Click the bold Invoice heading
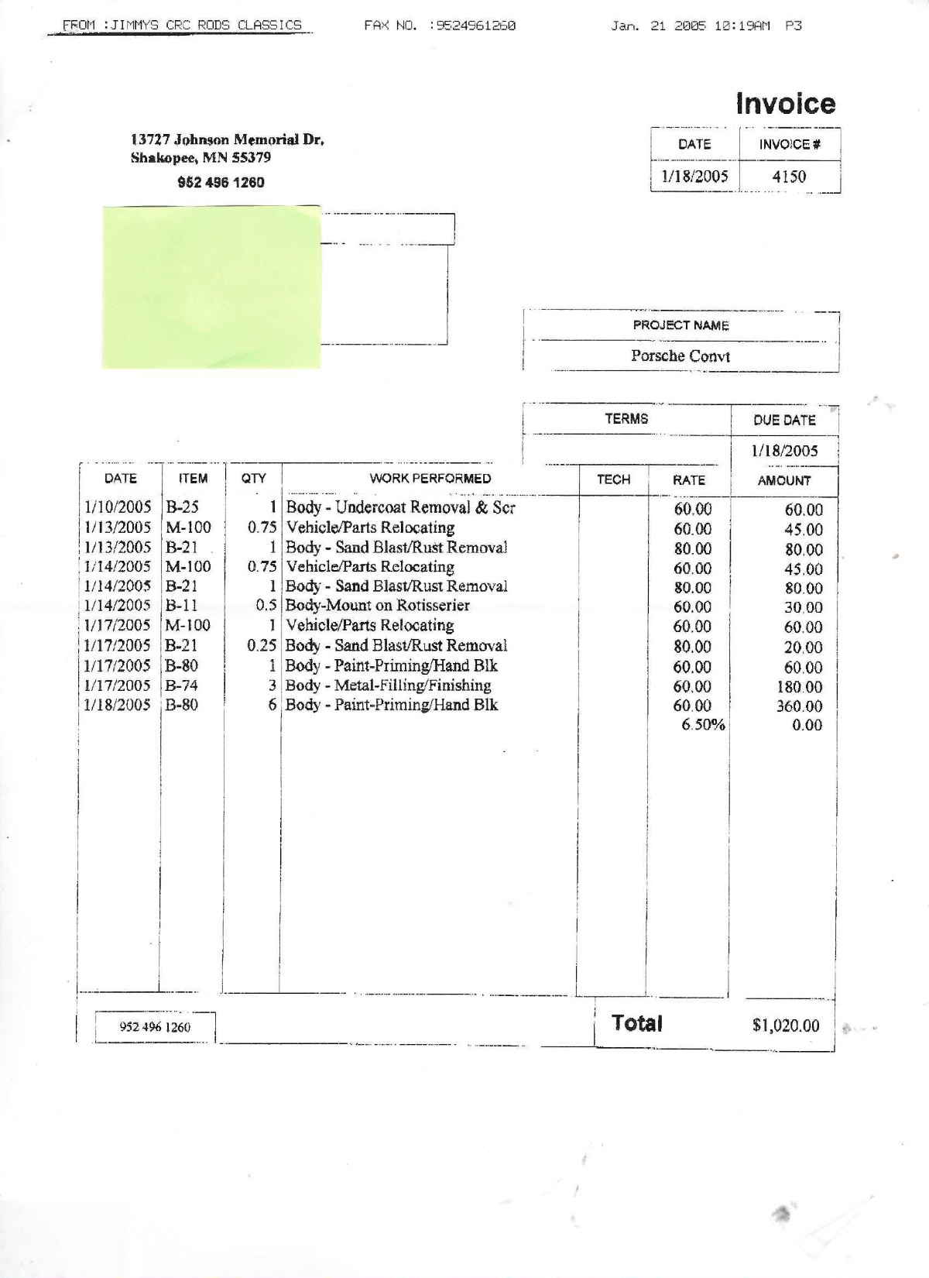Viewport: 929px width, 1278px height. [785, 104]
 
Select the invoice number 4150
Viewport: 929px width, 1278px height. [789, 177]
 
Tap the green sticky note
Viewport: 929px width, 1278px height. [211, 287]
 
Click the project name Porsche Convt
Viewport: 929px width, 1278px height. [680, 356]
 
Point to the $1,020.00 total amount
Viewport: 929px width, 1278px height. [785, 1025]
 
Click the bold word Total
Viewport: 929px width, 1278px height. [636, 1023]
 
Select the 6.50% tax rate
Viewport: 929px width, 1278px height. [703, 725]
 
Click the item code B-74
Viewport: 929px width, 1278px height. [181, 685]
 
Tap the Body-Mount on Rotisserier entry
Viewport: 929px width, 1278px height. [378, 606]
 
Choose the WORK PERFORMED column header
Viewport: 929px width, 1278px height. [430, 479]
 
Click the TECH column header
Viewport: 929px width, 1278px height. [613, 479]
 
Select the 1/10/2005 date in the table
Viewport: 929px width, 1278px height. [117, 508]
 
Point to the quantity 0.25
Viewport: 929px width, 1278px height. [262, 645]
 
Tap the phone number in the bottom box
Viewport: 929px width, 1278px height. [155, 1027]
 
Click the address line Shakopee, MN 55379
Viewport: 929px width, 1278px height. [201, 158]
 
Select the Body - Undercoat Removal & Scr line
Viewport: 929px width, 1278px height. [400, 508]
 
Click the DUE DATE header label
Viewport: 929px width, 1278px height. [784, 420]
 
